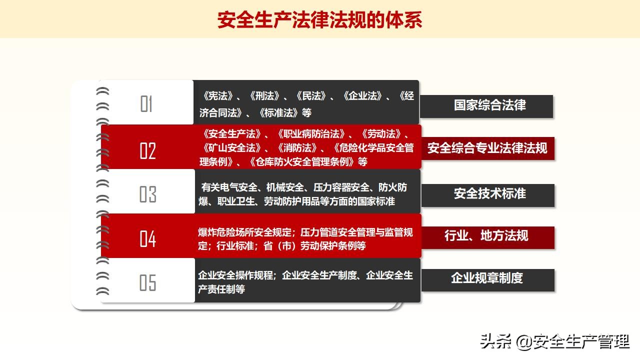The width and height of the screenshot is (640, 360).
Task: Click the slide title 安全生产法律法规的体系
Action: (x=320, y=20)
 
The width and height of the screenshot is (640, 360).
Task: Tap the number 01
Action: (x=146, y=104)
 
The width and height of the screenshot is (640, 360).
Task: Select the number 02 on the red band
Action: (x=147, y=150)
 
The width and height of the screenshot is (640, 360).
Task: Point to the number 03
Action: (x=147, y=194)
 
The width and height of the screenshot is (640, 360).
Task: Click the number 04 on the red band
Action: (x=147, y=238)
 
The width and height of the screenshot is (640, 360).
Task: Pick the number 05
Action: (x=147, y=282)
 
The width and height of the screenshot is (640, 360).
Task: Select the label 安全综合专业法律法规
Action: (x=487, y=148)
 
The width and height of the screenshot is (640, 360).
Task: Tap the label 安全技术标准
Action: (x=489, y=194)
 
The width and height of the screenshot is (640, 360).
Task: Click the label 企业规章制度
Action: (x=487, y=278)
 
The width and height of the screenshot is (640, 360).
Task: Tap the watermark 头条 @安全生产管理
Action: (x=554, y=342)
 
